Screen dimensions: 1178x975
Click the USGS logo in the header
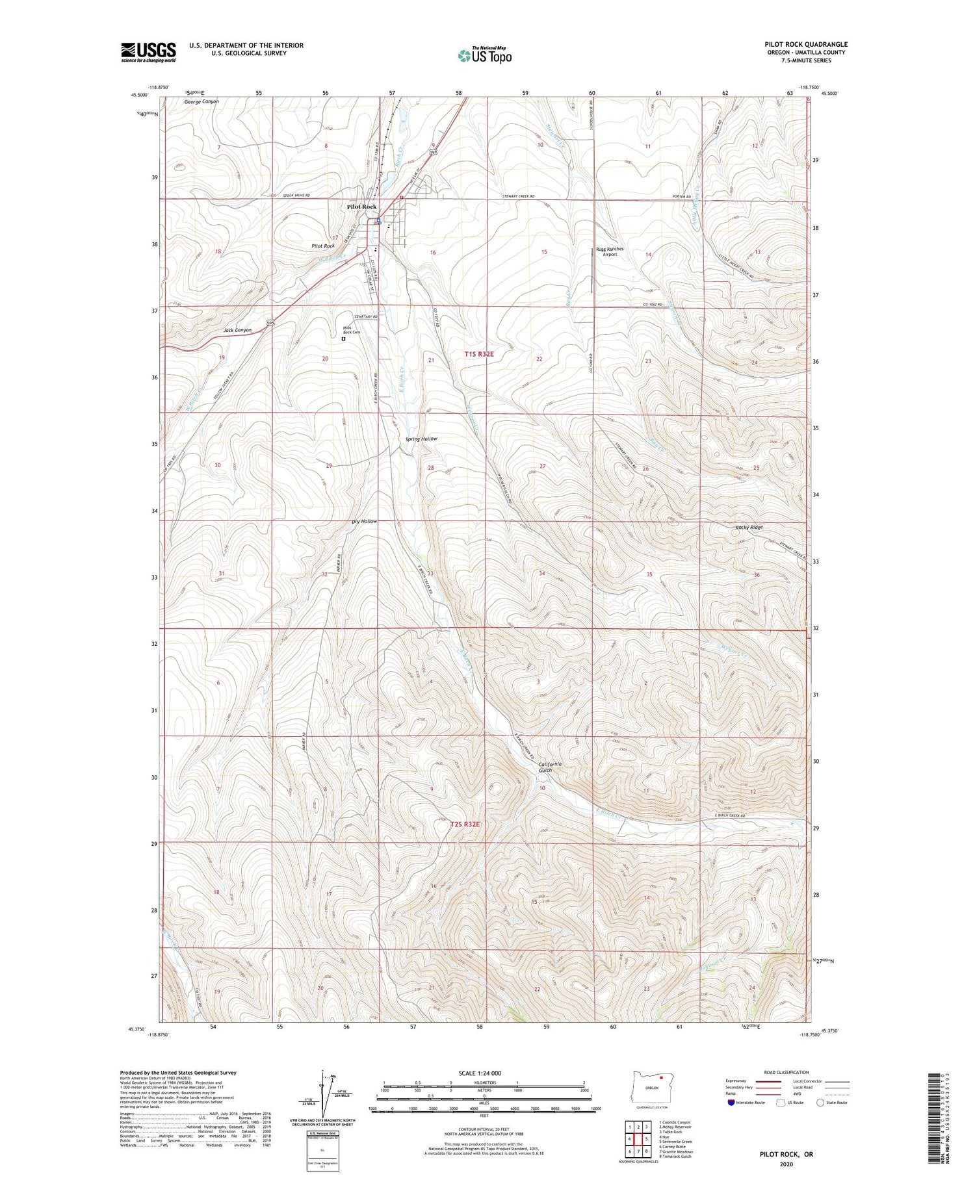pyautogui.click(x=148, y=52)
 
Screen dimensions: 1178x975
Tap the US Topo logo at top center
pyautogui.click(x=484, y=55)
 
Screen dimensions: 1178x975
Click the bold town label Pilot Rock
pyautogui.click(x=361, y=207)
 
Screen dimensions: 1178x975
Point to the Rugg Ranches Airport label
pyautogui.click(x=610, y=251)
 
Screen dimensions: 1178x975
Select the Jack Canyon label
pyautogui.click(x=237, y=330)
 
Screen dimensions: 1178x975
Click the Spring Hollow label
pyautogui.click(x=421, y=439)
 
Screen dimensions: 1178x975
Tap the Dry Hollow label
pyautogui.click(x=364, y=521)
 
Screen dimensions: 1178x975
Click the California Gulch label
pyautogui.click(x=550, y=767)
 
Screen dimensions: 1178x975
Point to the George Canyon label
pyautogui.click(x=201, y=102)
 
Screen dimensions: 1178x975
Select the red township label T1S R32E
pyautogui.click(x=479, y=354)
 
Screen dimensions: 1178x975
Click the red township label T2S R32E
pyautogui.click(x=465, y=825)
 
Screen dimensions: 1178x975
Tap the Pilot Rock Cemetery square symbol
pyautogui.click(x=344, y=339)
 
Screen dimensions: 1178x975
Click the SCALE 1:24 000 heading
pyautogui.click(x=480, y=1073)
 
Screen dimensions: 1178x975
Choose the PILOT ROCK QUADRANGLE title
pyautogui.click(x=806, y=45)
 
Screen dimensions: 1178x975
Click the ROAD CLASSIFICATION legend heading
pyautogui.click(x=786, y=1072)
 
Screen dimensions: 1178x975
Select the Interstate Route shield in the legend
pyautogui.click(x=731, y=1102)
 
